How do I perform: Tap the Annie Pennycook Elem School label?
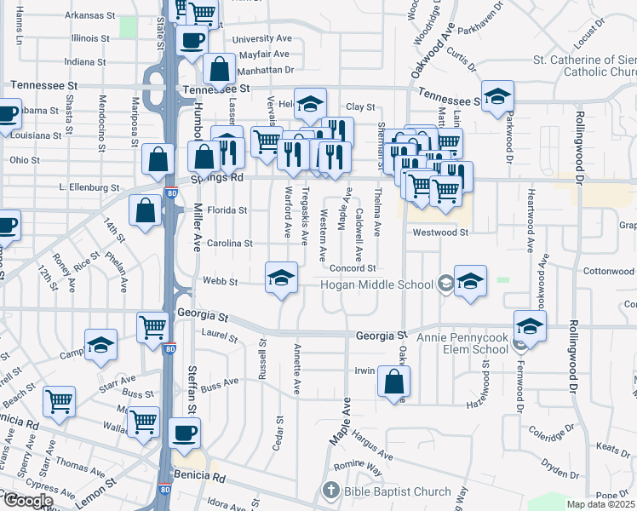(x=462, y=337)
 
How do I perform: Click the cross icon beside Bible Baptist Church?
(x=330, y=491)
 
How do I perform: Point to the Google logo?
(x=26, y=501)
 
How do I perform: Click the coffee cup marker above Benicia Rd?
(x=183, y=433)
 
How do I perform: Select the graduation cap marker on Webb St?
(x=281, y=278)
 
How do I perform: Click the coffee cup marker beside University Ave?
(x=192, y=39)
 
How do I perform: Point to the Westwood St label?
(x=440, y=232)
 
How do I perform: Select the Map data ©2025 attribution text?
(x=600, y=504)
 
